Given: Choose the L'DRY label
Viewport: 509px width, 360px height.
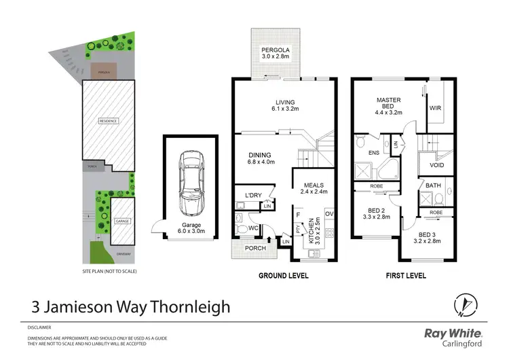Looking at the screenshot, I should point(252,196).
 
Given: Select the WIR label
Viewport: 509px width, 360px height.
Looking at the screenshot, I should point(435,107).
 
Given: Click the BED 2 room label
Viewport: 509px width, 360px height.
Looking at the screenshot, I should point(377,211).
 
